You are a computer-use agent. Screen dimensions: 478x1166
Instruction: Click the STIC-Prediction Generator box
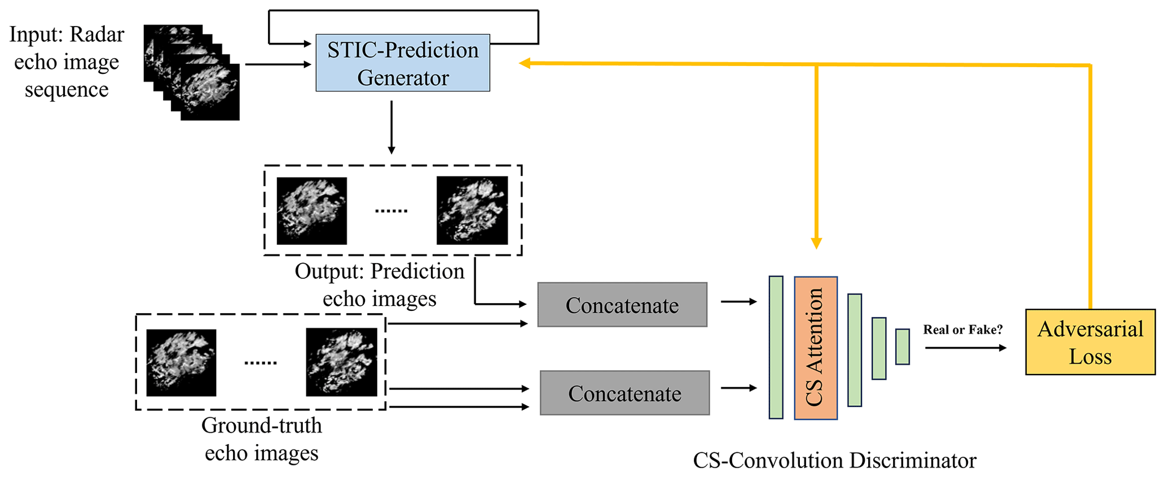(402, 63)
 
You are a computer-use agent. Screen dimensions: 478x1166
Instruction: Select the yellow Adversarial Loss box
(1090, 342)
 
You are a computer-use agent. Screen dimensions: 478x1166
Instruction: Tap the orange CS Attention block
(815, 348)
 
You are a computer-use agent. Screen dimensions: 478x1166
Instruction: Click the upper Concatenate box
(622, 305)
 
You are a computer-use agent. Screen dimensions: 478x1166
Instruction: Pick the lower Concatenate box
(624, 393)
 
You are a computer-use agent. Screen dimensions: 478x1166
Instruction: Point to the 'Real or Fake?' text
(962, 330)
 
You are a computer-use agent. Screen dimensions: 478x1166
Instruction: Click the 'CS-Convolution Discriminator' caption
(834, 461)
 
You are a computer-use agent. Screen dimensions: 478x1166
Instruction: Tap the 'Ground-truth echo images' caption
(261, 439)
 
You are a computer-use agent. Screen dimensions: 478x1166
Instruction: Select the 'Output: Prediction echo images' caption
(380, 285)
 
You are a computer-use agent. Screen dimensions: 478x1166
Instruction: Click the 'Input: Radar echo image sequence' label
(67, 62)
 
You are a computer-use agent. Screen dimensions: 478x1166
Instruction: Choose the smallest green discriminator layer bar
(902, 347)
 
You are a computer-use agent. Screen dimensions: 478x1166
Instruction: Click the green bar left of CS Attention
(776, 347)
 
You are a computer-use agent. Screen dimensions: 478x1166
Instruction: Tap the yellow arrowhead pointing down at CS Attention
(816, 243)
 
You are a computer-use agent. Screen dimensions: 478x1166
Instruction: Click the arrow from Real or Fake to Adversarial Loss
(965, 348)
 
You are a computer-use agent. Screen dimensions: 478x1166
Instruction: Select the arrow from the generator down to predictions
(391, 128)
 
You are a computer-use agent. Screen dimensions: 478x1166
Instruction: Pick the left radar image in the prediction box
(311, 211)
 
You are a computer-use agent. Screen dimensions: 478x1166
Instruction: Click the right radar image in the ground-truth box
(341, 362)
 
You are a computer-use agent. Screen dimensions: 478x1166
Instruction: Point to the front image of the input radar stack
(210, 92)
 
